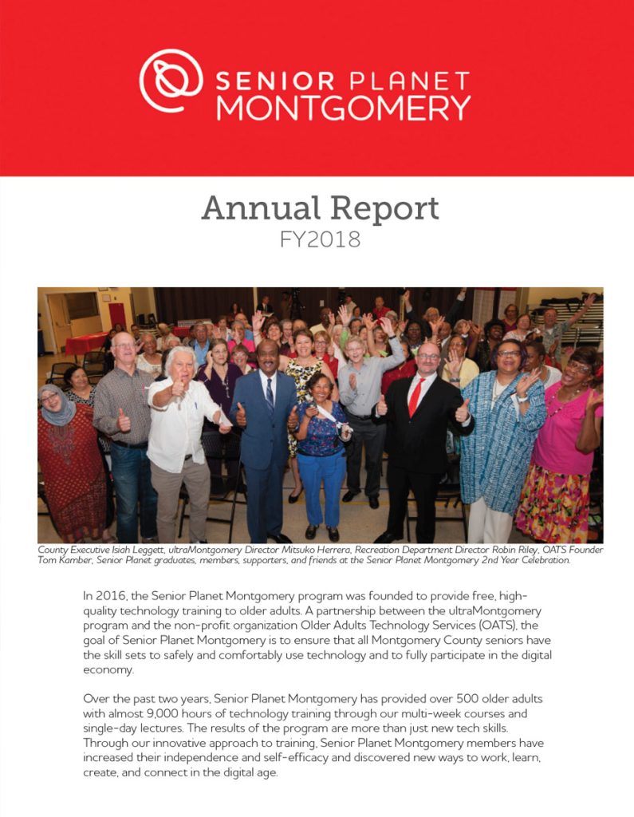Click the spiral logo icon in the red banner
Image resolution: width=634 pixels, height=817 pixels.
coord(171,81)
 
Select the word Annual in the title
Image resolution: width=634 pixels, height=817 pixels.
coord(258,209)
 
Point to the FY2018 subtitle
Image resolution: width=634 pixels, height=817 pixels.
coord(320,239)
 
